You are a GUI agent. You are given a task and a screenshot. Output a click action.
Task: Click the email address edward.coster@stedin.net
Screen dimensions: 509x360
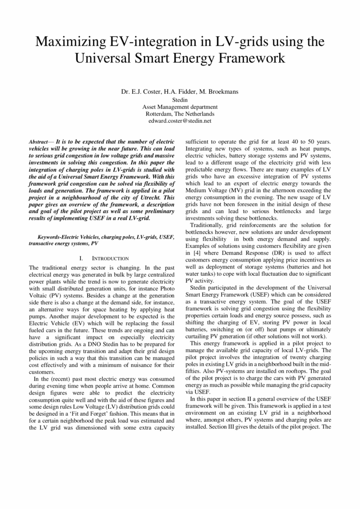click(180, 120)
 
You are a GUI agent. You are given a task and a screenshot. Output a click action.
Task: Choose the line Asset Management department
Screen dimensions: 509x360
click(180, 107)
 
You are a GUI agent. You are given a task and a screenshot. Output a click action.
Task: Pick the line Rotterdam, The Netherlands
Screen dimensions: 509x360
click(180, 113)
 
